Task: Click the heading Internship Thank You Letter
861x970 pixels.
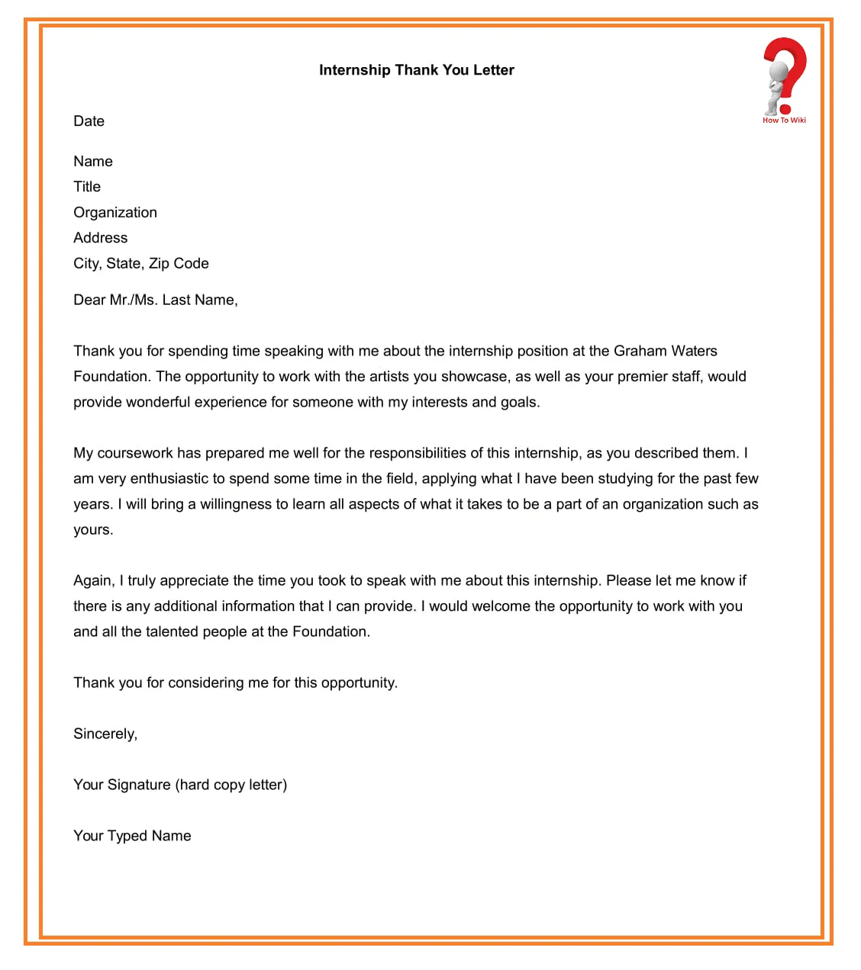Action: click(x=416, y=70)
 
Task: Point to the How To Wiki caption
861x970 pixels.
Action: click(x=784, y=120)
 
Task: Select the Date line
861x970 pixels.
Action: click(x=89, y=121)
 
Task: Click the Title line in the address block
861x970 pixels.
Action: click(x=87, y=187)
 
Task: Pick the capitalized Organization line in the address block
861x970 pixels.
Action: click(x=115, y=213)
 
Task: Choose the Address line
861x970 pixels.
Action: click(x=100, y=238)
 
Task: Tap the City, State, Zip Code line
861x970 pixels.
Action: click(x=140, y=264)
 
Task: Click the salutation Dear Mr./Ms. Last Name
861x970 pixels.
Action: click(x=155, y=300)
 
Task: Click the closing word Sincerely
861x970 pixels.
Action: click(x=105, y=734)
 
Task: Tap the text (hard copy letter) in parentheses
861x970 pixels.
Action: click(x=231, y=785)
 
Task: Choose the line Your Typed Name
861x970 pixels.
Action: click(x=132, y=837)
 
